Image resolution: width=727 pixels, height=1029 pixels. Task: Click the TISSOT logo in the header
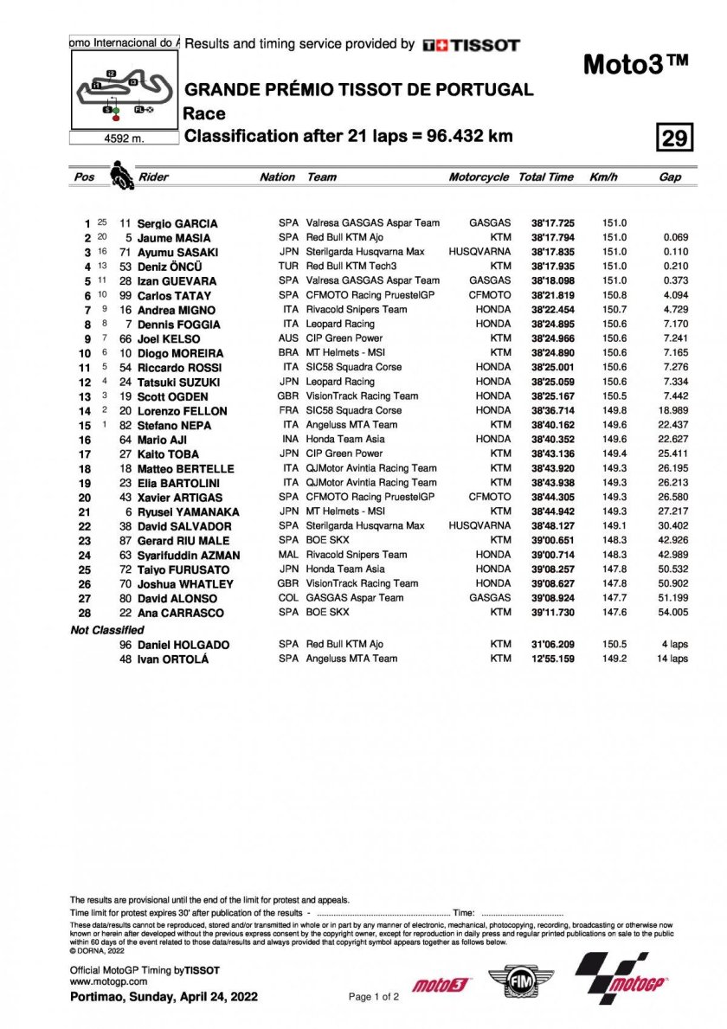click(x=471, y=45)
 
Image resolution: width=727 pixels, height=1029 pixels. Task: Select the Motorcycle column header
click(x=479, y=177)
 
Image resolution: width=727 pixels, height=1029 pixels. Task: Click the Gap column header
click(x=670, y=177)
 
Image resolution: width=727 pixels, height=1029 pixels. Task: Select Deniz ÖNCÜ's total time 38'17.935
click(x=550, y=267)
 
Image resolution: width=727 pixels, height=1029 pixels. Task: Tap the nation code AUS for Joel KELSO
click(x=288, y=338)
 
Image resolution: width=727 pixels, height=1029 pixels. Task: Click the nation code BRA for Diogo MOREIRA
click(x=288, y=353)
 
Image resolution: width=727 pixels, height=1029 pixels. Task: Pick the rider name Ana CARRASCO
click(x=179, y=613)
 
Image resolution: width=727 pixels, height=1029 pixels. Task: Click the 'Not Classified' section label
click(x=107, y=630)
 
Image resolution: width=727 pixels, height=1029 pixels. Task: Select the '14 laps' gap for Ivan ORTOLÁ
click(x=672, y=659)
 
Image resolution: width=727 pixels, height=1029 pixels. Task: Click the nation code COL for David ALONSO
click(x=288, y=598)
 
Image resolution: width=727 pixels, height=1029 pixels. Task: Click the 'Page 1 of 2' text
click(x=373, y=997)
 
